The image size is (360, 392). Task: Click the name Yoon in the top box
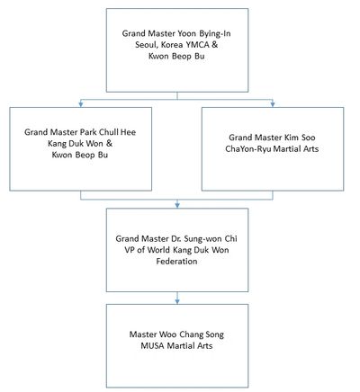tap(187, 33)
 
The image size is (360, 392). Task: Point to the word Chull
tap(109, 132)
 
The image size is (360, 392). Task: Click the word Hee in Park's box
tap(128, 132)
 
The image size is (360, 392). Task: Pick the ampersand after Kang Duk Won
tap(109, 144)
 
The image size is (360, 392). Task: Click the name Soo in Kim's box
tap(309, 138)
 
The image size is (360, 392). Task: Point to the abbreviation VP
tap(130, 250)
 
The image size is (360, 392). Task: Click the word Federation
tap(176, 262)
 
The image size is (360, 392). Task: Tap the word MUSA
tap(153, 346)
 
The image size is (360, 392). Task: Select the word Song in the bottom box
tap(215, 334)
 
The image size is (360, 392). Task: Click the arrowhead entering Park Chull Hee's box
tap(80, 104)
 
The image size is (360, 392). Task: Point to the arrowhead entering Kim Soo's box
tap(273, 104)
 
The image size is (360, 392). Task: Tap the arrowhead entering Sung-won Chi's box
tap(177, 205)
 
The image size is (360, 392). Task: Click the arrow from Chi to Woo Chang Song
tap(177, 298)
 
